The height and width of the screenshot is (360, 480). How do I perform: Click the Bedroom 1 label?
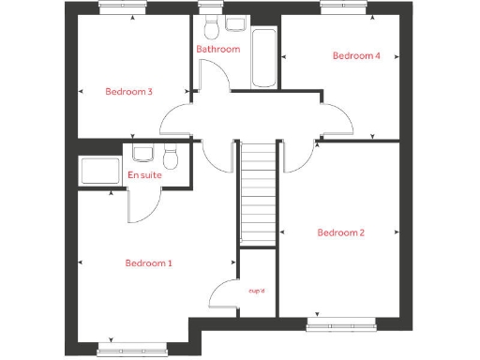148,263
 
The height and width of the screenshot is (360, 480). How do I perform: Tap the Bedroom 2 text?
340,232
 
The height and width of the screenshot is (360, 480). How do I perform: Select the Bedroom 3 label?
128,91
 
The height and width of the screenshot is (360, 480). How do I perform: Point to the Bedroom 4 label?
356,55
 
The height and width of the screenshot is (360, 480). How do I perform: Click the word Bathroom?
217,49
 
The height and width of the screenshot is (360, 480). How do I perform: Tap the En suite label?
144,175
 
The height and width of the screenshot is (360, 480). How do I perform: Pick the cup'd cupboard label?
257,292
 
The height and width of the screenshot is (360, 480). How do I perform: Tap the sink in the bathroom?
234,22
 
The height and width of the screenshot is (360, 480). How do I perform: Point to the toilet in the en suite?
170,154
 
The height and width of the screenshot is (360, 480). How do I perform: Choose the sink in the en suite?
142,153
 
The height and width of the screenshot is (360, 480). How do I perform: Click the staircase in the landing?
257,197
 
